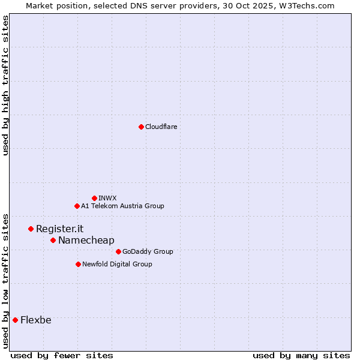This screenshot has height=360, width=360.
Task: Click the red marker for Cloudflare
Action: pyautogui.click(x=141, y=127)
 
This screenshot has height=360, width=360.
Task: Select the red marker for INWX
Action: pyautogui.click(x=94, y=198)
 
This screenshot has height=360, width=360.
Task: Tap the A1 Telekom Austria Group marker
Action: pyautogui.click(x=77, y=206)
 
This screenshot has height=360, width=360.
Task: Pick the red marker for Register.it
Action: pyautogui.click(x=31, y=229)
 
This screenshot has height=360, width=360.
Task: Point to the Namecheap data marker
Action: pyautogui.click(x=53, y=240)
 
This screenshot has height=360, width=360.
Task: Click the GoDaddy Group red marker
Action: pyautogui.click(x=118, y=251)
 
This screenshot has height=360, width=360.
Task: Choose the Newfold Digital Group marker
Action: pyautogui.click(x=78, y=264)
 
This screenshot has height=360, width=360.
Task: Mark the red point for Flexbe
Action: pyautogui.click(x=15, y=320)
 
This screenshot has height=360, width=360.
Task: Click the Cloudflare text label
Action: pyautogui.click(x=161, y=127)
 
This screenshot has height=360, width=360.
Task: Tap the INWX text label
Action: pyautogui.click(x=107, y=198)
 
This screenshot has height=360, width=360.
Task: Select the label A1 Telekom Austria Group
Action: pyautogui.click(x=122, y=206)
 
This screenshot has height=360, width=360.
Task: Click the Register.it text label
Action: pyautogui.click(x=59, y=229)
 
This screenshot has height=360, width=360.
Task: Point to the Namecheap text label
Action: pyautogui.click(x=86, y=240)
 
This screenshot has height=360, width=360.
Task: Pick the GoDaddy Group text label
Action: pyautogui.click(x=147, y=251)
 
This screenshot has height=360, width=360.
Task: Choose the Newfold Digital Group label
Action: pyautogui.click(x=117, y=264)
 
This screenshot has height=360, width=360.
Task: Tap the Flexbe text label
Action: pyautogui.click(x=35, y=320)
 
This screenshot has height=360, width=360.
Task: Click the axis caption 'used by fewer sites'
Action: pyautogui.click(x=62, y=355)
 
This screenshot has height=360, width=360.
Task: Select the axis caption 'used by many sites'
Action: pyautogui.click(x=301, y=355)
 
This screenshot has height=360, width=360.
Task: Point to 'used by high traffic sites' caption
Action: pyautogui.click(x=5, y=85)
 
